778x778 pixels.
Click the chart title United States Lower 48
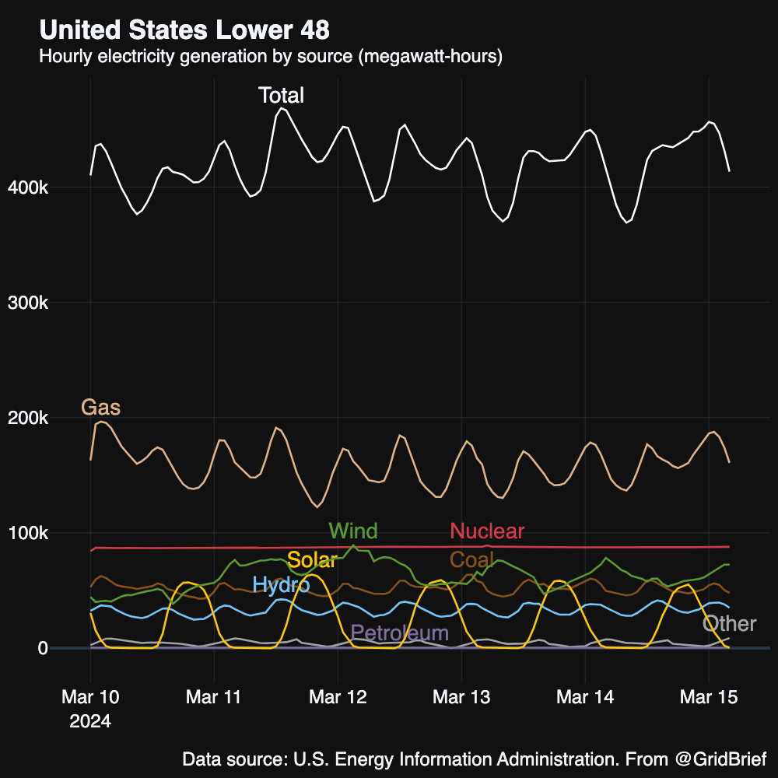(184, 30)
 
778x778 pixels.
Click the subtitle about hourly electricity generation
(271, 57)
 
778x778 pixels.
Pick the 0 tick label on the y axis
(42, 648)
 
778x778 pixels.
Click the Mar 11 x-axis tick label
(213, 697)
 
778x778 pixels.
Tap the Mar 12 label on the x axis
(337, 697)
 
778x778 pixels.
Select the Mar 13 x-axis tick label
(461, 697)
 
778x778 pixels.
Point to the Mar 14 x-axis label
(584, 697)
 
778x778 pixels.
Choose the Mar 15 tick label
(708, 697)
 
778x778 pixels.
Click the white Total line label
(281, 96)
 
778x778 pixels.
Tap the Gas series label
(101, 408)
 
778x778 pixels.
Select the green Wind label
(353, 531)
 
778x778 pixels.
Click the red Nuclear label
(487, 531)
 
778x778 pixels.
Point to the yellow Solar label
(311, 559)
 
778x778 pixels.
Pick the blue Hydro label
(281, 585)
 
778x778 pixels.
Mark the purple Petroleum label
(400, 633)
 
